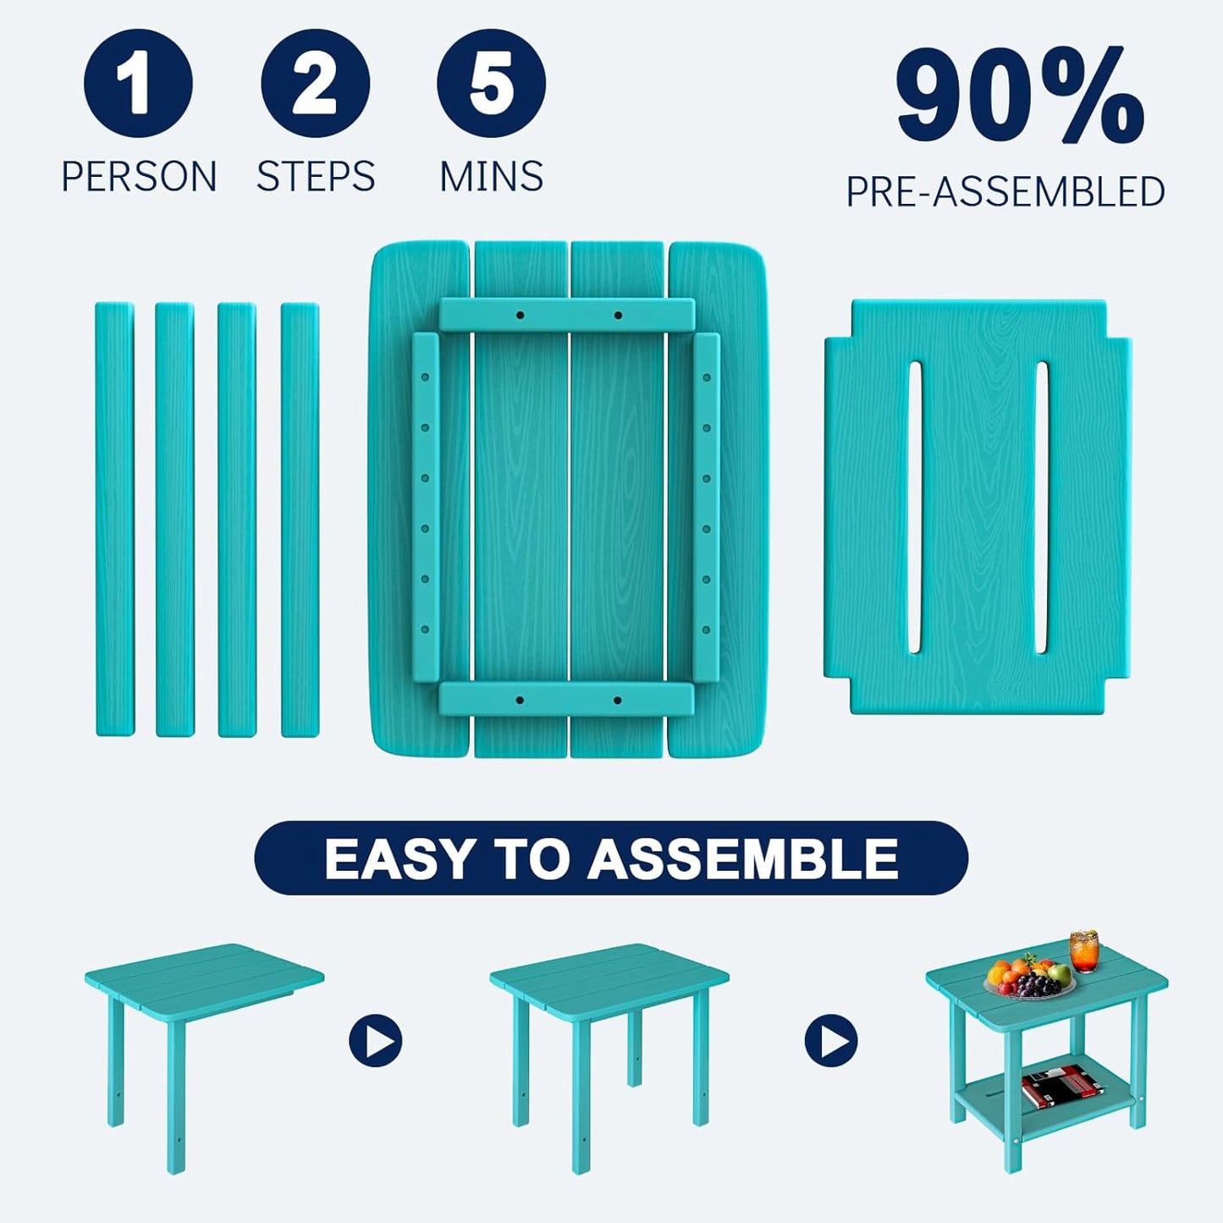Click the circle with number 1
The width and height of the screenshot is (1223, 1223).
[x=138, y=83]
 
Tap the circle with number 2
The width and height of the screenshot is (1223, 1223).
[x=315, y=83]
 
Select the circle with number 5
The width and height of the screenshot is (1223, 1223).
[x=491, y=83]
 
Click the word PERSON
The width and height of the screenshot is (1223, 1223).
[x=139, y=177]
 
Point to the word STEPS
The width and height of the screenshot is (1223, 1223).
[x=316, y=177]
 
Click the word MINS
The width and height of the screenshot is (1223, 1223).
[x=492, y=177]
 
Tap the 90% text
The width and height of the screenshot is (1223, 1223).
[x=1019, y=97]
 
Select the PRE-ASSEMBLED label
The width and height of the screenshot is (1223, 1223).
[x=1005, y=192]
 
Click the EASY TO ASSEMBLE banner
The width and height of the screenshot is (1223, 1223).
[x=610, y=858]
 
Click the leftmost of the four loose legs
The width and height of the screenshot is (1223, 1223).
[x=114, y=519]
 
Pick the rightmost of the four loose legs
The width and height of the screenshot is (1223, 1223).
[x=300, y=519]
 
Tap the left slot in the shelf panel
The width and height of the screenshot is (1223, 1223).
[x=914, y=508]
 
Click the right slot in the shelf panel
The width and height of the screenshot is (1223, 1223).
[x=1042, y=508]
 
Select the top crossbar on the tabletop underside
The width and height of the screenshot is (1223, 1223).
[x=566, y=315]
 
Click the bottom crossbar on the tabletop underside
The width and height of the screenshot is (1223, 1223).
[x=566, y=700]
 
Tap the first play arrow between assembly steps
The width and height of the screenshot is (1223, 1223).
[x=376, y=1040]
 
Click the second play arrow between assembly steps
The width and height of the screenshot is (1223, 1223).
[x=831, y=1040]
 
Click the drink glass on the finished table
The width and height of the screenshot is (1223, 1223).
[x=1084, y=950]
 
